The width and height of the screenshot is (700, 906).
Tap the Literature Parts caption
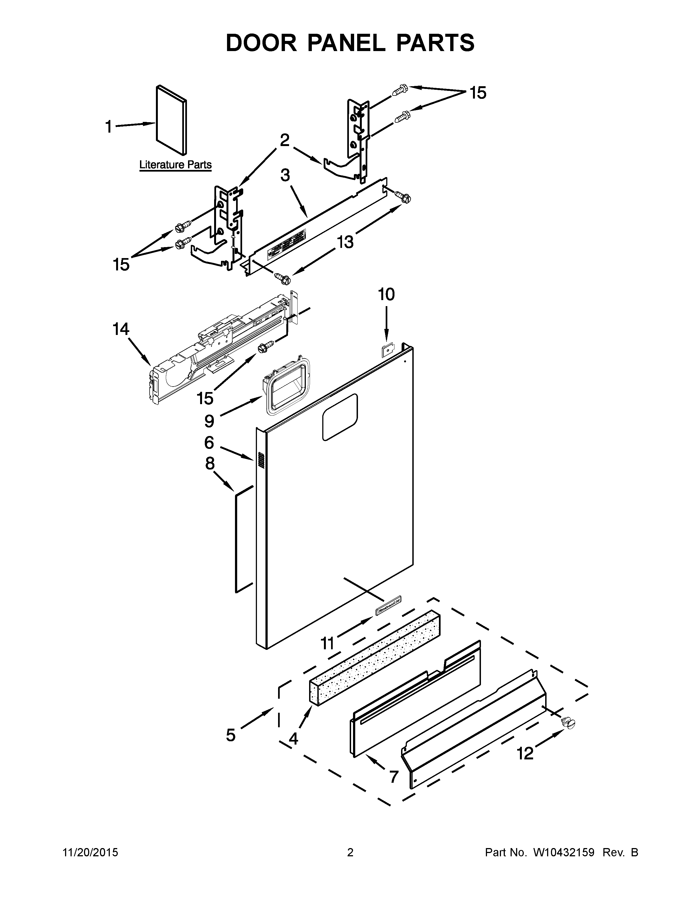pos(175,165)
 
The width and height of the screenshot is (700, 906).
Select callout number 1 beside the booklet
pos(109,127)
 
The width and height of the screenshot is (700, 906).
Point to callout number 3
pos(285,175)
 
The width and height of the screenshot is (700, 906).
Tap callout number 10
pos(386,295)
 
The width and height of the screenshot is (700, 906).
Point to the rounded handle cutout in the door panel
pos(340,417)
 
